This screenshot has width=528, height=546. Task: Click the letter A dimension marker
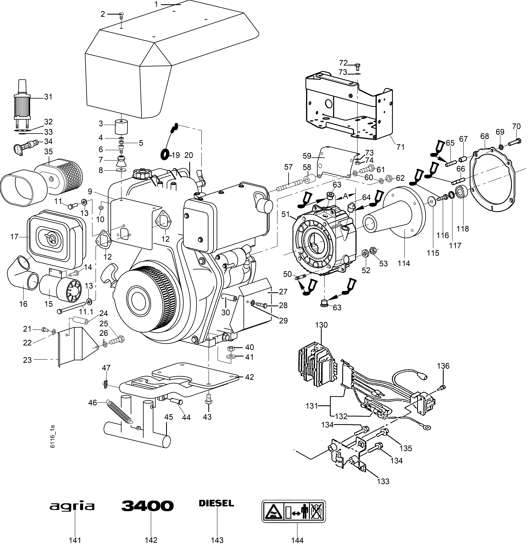(345, 196)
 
